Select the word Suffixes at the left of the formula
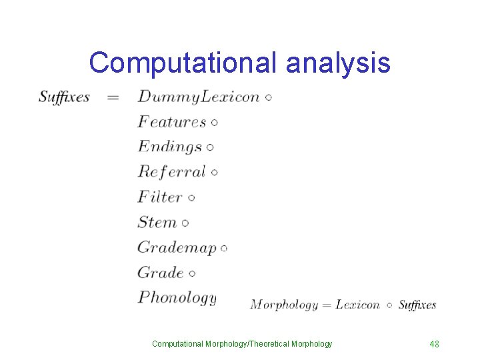point(64,97)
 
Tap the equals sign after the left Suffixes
point(113,97)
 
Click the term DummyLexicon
point(199,97)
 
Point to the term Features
point(172,122)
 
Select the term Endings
point(170,147)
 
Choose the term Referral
point(172,172)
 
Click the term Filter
point(160,197)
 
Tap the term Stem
point(157,222)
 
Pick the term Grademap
point(177,247)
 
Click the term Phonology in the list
point(177,297)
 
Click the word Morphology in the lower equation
point(284,305)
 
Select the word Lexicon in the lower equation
point(357,305)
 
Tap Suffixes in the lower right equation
point(417,305)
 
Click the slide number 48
point(434,344)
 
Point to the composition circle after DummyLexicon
point(268,98)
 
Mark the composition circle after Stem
point(185,223)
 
